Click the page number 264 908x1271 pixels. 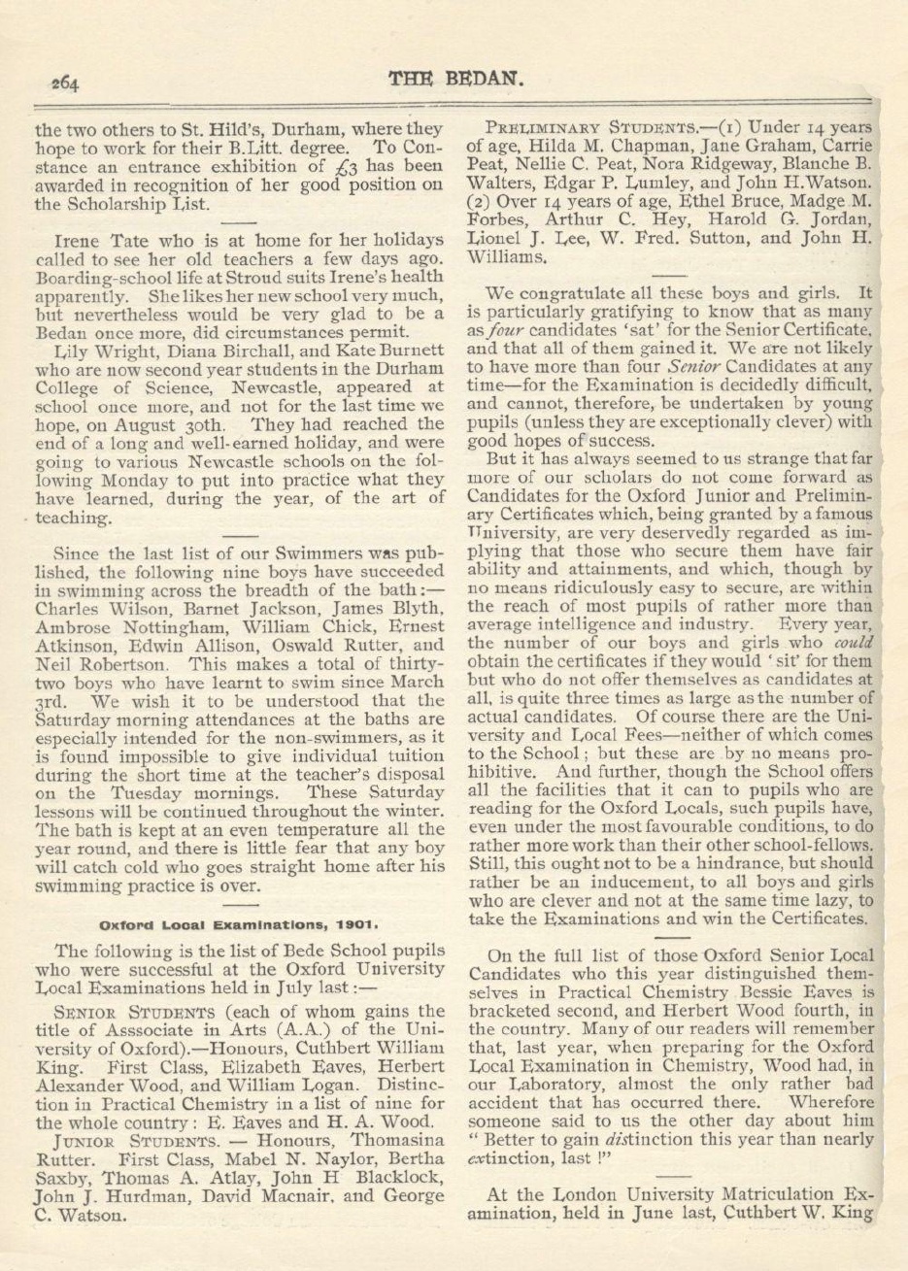(x=66, y=83)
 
